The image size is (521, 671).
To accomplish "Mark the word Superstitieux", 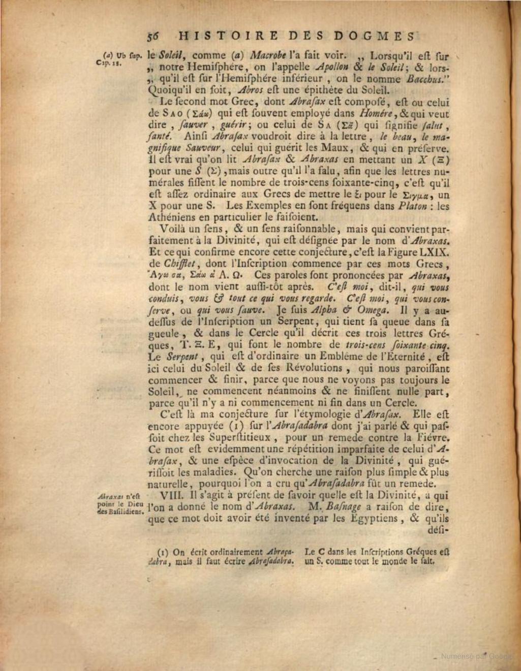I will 234,437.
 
